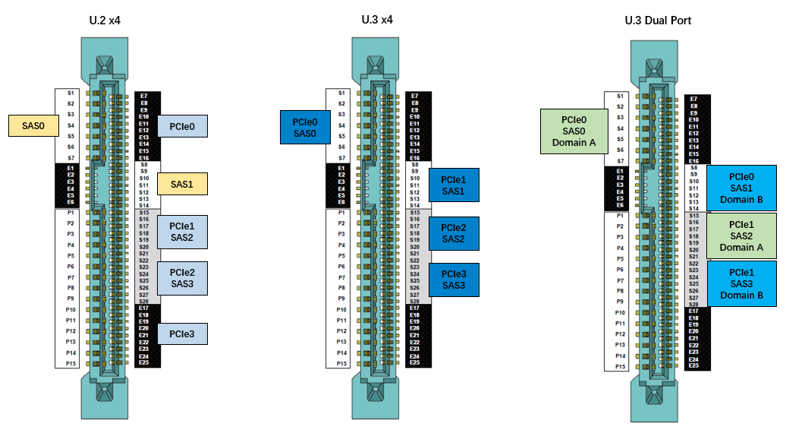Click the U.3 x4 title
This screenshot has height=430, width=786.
click(x=377, y=20)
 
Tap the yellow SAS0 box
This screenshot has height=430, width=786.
click(x=33, y=125)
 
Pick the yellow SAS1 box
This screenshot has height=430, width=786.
click(x=182, y=184)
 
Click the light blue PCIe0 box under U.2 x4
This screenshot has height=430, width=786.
click(x=182, y=125)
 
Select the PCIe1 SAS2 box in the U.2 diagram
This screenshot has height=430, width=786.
click(x=182, y=232)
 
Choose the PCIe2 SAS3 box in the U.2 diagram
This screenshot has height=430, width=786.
click(x=182, y=278)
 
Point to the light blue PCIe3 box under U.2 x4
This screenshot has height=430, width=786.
click(x=182, y=334)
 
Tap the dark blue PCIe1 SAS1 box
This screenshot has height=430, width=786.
click(x=454, y=185)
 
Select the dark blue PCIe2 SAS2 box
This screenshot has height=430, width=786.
click(x=454, y=233)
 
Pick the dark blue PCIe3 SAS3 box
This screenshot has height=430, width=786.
click(x=454, y=279)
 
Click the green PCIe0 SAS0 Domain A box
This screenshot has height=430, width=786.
click(x=574, y=131)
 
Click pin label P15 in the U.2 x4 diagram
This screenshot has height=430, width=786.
click(x=70, y=363)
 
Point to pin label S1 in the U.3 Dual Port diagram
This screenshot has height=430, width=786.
click(x=620, y=96)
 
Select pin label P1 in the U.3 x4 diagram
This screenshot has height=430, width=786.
click(x=341, y=213)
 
